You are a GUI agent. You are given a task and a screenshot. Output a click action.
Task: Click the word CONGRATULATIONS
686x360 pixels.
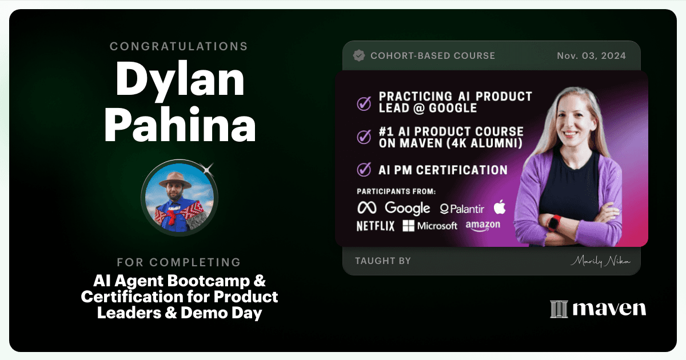click(178, 46)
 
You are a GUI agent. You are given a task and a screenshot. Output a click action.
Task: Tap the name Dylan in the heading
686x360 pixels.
click(180, 81)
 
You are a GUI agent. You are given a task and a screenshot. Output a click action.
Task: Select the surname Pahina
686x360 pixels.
click(180, 125)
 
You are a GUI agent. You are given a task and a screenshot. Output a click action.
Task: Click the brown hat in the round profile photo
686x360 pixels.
click(175, 179)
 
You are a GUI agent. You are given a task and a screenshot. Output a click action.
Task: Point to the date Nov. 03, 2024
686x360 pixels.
click(591, 56)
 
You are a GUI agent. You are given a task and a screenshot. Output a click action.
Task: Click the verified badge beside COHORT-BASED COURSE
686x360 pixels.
click(359, 56)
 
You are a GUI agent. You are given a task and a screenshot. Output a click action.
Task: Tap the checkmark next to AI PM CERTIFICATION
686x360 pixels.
click(364, 169)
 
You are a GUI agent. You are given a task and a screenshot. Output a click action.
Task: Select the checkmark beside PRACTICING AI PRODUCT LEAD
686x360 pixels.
click(364, 103)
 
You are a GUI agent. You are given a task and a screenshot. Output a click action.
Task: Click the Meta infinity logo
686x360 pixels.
click(367, 208)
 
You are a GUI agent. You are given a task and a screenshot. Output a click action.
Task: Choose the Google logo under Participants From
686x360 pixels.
click(407, 208)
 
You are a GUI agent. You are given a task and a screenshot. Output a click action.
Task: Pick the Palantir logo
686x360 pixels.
click(462, 209)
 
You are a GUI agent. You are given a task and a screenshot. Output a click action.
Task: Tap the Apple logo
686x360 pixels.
click(500, 207)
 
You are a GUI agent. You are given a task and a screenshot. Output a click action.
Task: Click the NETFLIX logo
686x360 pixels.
click(376, 226)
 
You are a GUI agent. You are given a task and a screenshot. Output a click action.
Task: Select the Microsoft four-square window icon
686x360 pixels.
click(409, 226)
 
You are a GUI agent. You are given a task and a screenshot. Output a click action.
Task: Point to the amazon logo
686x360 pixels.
click(483, 226)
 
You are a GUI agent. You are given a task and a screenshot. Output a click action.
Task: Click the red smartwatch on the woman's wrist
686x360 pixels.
click(555, 223)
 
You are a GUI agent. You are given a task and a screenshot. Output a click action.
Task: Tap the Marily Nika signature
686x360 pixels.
click(600, 261)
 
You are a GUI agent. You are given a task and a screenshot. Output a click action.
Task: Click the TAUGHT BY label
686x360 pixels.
click(383, 261)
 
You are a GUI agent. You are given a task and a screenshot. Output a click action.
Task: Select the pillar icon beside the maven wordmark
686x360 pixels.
click(559, 309)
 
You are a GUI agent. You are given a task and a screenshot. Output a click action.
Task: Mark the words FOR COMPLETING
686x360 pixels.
click(179, 262)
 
